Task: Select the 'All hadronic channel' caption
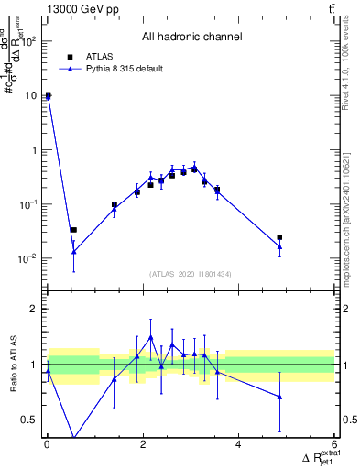191,38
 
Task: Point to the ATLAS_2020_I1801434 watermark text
191,274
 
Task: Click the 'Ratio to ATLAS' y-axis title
14,365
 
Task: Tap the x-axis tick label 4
238,445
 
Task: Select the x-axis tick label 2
142,445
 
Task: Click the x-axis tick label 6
334,445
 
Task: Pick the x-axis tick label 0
47,445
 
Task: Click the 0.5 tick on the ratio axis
30,420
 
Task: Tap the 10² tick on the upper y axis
29,41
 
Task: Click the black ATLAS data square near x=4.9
279,237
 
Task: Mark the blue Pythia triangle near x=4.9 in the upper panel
279,246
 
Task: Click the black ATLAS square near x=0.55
73,230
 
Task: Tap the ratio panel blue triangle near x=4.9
279,397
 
